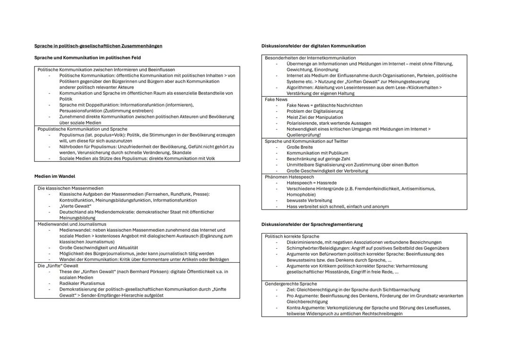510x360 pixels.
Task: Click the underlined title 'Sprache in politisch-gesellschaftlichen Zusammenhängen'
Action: [x=98, y=46]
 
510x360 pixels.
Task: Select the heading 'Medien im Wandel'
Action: [x=54, y=176]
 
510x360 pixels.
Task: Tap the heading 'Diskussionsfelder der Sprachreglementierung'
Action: [x=312, y=224]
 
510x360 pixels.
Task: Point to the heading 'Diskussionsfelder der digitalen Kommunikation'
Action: [x=313, y=46]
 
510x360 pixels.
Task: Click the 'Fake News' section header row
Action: [x=276, y=100]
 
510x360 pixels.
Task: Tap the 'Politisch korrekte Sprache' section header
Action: [x=292, y=236]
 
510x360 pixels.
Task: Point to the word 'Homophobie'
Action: [x=300, y=194]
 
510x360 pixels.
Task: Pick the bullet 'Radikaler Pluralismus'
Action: [x=82, y=284]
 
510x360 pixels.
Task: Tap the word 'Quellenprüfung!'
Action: [x=303, y=135]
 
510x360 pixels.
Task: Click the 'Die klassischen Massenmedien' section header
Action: [x=70, y=188]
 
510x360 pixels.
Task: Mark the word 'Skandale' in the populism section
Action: [x=181, y=152]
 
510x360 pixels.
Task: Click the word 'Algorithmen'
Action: [x=302, y=87]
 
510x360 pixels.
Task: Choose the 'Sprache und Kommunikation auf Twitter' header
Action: [x=307, y=141]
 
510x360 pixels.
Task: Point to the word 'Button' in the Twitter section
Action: [x=410, y=165]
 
